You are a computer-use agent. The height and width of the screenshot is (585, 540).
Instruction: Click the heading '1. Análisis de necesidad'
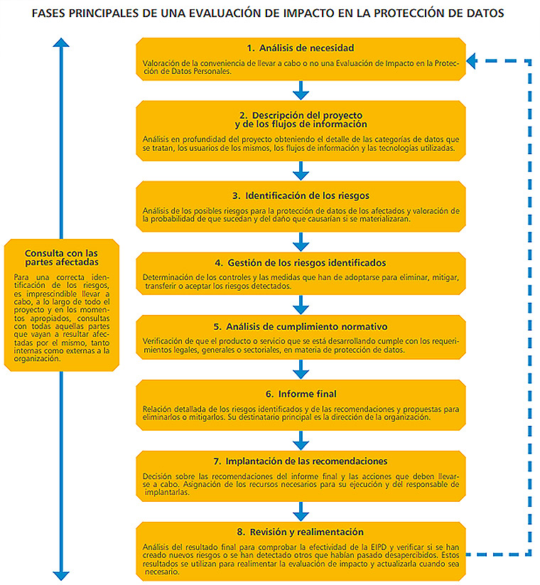click(x=301, y=48)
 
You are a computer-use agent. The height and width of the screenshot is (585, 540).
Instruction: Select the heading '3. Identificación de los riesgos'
click(x=301, y=196)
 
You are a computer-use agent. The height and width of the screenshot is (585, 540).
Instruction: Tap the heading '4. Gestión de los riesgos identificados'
click(x=301, y=263)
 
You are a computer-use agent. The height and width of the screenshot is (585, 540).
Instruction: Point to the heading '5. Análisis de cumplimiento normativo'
click(x=301, y=327)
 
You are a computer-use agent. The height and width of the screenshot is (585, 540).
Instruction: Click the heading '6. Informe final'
click(x=301, y=394)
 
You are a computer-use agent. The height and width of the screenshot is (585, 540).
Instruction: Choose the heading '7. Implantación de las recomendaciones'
click(x=301, y=461)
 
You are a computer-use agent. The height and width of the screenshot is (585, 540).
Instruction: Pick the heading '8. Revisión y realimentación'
click(x=301, y=532)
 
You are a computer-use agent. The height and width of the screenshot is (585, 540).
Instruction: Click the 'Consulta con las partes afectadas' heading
click(x=62, y=258)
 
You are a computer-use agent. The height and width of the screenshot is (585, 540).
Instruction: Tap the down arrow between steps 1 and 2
click(x=301, y=90)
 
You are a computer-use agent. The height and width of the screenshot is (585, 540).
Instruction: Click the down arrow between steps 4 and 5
click(x=301, y=305)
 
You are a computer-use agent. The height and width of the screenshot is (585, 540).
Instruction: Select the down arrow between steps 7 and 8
click(x=301, y=512)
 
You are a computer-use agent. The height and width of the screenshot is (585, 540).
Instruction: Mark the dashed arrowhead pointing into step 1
click(x=471, y=61)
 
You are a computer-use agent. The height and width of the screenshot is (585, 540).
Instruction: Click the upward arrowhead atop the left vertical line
click(x=61, y=43)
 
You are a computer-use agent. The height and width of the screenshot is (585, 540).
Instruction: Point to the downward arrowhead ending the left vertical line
click(x=61, y=576)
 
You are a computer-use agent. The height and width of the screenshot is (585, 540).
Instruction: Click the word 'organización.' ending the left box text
click(x=37, y=359)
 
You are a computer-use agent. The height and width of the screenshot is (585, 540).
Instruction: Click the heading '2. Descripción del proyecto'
click(x=301, y=115)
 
